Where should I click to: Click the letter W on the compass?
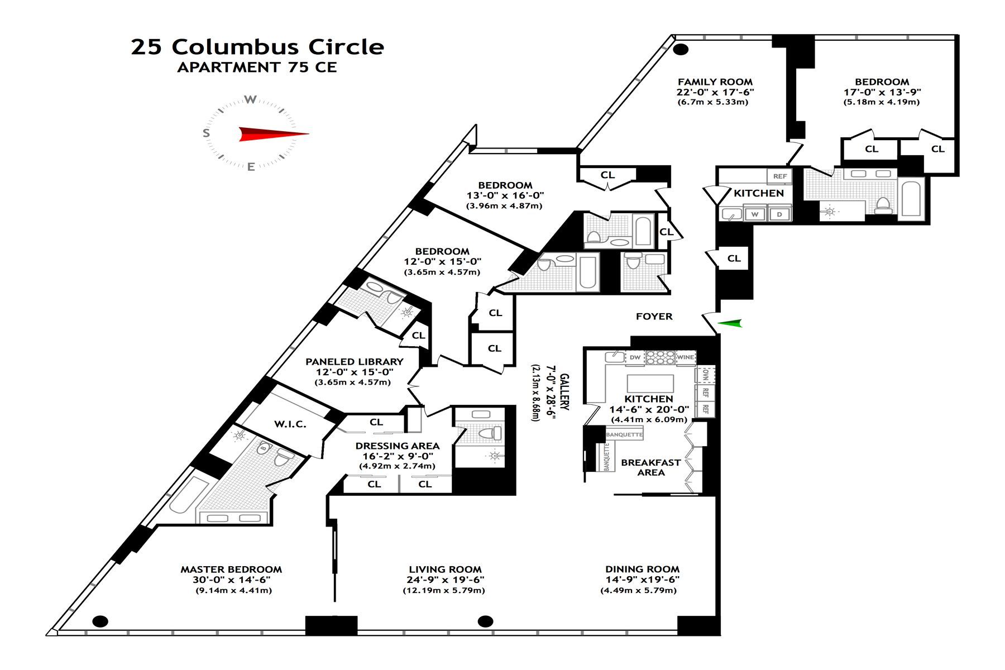coord(251,100)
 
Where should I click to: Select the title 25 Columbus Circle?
coord(257,47)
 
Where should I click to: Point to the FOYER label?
coord(654,317)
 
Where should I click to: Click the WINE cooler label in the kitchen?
coord(685,357)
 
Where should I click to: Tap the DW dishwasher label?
coord(635,357)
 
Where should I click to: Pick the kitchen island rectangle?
coord(650,384)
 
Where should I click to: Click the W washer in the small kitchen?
coord(755,214)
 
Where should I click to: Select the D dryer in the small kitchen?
coord(779,214)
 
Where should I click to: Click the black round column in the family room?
coord(681,49)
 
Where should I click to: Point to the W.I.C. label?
coord(290,424)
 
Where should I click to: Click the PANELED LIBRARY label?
coord(354,362)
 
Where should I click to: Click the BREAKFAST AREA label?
coord(650,467)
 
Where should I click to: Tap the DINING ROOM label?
coord(642,569)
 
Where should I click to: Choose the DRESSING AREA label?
coord(397,446)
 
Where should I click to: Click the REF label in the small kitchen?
coord(779,176)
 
